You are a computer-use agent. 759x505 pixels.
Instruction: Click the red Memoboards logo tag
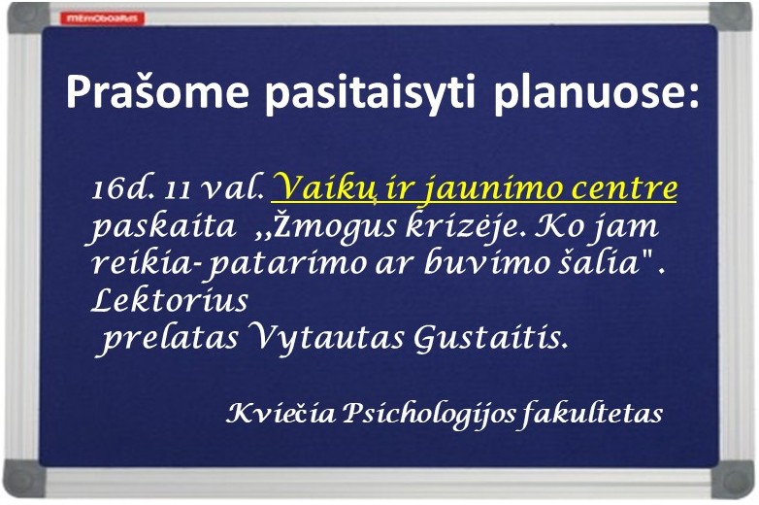pos(102,18)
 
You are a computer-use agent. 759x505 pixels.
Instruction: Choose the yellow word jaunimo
pos(485,188)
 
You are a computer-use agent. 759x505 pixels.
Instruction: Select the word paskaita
pos(163,227)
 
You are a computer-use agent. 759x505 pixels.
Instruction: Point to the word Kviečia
pos(280,414)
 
